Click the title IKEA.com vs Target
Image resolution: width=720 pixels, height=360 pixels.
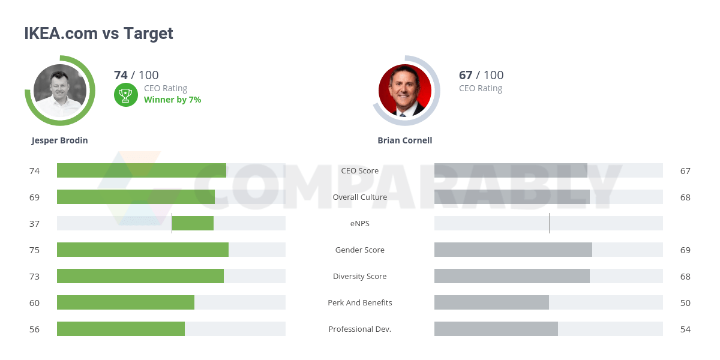[x=98, y=34]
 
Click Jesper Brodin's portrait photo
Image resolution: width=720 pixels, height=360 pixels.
[x=60, y=91]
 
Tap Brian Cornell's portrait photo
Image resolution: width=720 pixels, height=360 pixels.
[x=405, y=91]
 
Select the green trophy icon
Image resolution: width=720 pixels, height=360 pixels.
[x=126, y=94]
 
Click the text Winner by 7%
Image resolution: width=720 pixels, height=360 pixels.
[x=172, y=100]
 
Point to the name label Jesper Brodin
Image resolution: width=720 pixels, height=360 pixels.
[x=60, y=140]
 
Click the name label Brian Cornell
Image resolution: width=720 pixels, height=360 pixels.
[x=405, y=140]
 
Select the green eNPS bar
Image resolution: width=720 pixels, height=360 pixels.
[x=193, y=223]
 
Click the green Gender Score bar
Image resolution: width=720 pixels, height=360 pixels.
[x=143, y=250]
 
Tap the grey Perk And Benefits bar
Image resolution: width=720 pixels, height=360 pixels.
[x=491, y=302]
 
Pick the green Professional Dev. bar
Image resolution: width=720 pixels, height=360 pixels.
[x=121, y=329]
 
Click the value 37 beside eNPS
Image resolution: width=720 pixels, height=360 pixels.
[x=34, y=224]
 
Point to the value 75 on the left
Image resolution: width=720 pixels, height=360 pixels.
[x=34, y=250]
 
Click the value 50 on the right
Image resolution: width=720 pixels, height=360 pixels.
[x=685, y=303]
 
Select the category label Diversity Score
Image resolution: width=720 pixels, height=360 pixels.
[x=360, y=277]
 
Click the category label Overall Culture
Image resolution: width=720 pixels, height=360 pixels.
[x=360, y=197]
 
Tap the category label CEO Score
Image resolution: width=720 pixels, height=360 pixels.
[x=360, y=171]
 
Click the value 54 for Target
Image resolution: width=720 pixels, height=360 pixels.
[x=685, y=329]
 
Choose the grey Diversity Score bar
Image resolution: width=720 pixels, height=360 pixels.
[x=512, y=276]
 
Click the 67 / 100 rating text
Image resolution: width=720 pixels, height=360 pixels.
[x=481, y=75]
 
